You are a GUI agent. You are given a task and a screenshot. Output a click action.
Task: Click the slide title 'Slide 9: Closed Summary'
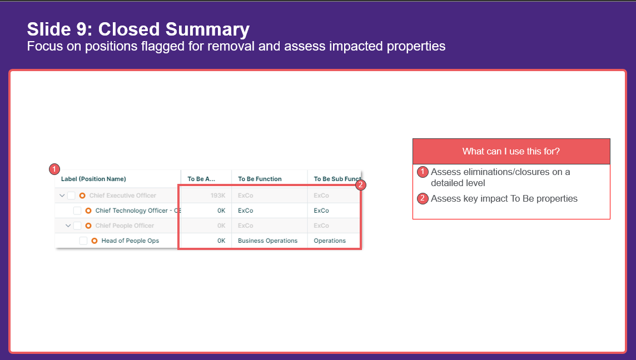[x=138, y=29]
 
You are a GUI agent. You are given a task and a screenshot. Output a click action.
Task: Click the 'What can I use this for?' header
[x=511, y=151]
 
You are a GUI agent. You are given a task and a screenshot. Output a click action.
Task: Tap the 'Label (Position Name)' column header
[x=93, y=179]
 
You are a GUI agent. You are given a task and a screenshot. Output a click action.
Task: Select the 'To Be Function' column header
[x=260, y=179]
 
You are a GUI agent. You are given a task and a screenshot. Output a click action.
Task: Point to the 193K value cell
[x=218, y=196]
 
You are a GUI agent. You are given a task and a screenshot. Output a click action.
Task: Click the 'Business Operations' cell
[x=268, y=241]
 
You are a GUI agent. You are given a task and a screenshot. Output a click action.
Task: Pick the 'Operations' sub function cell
[x=330, y=241]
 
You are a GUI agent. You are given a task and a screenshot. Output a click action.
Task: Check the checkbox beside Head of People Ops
[x=83, y=241]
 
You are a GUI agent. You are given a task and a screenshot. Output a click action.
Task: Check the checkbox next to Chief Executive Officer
[x=71, y=196]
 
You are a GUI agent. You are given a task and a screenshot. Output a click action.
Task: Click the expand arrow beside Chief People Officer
[x=68, y=226]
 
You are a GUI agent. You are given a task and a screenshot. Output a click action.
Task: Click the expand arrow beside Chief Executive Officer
[x=62, y=196]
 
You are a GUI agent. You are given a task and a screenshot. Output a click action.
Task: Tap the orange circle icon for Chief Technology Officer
[x=88, y=211]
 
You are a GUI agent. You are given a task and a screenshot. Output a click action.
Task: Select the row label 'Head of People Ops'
[x=130, y=241]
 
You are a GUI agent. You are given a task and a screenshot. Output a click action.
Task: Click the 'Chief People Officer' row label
[x=125, y=226]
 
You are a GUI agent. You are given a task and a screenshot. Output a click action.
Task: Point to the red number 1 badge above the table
[x=54, y=169]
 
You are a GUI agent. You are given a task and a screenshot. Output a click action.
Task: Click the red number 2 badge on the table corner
[x=361, y=185]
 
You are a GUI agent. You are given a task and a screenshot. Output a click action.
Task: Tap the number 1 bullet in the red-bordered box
[x=423, y=172]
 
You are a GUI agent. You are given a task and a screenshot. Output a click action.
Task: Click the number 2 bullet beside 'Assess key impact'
[x=423, y=199]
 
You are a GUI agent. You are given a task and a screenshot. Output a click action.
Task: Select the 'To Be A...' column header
[x=201, y=179]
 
